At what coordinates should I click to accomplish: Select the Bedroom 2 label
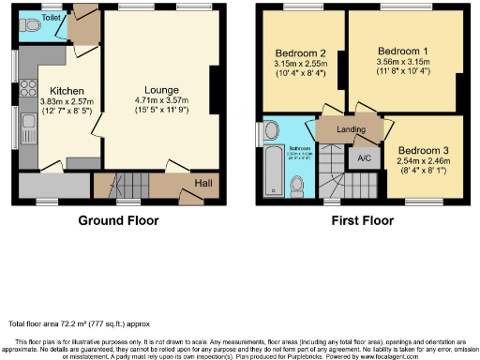pyautogui.click(x=299, y=52)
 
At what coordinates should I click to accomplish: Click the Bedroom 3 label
pyautogui.click(x=424, y=151)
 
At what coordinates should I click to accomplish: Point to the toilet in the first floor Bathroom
pyautogui.click(x=298, y=188)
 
